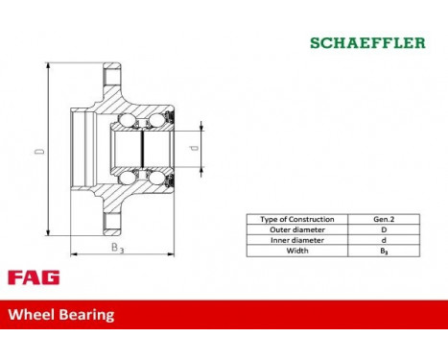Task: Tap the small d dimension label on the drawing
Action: point(195,149)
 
